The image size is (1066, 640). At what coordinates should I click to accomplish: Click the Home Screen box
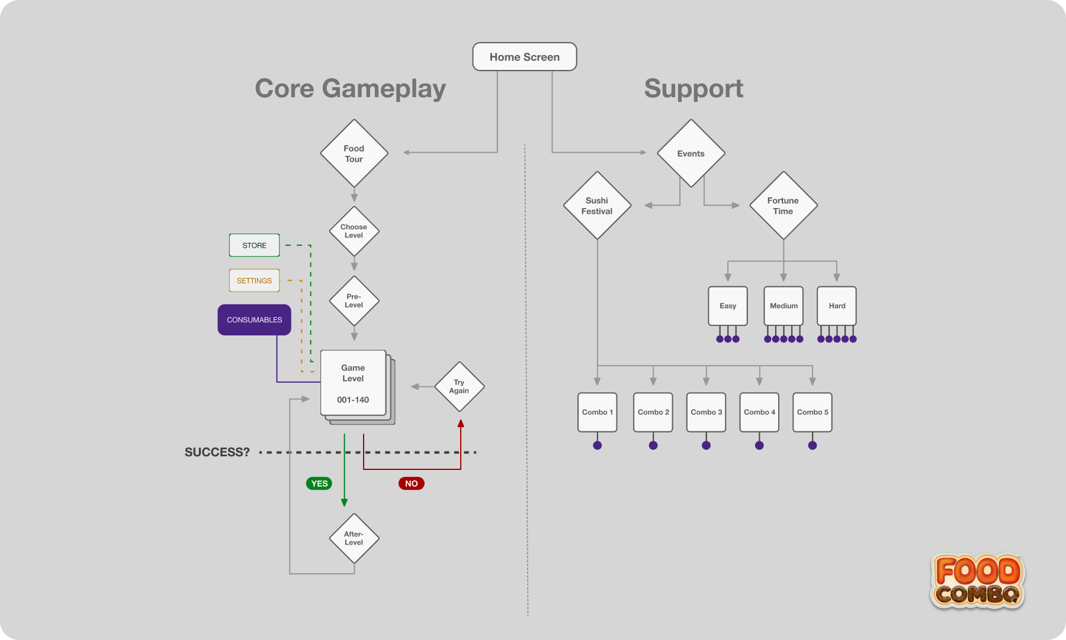coord(524,57)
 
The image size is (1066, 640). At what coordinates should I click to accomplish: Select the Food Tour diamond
coord(354,153)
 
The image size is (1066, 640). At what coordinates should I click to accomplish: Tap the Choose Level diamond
coord(354,231)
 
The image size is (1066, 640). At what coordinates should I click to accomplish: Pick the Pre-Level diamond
coord(354,301)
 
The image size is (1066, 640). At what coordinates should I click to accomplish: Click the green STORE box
coord(254,245)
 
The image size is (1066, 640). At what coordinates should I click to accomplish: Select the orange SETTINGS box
coord(254,281)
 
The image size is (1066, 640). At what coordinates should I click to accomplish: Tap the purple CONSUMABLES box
coord(254,320)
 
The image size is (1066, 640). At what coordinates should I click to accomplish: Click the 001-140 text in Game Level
coord(353,400)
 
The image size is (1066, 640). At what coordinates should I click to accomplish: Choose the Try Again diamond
coord(459,387)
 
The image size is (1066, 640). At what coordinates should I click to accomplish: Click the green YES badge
coord(319,484)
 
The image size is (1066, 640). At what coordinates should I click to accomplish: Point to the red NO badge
coord(411,484)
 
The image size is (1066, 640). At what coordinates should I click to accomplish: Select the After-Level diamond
coord(354,538)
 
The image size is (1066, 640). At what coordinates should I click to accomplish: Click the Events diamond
coord(691,153)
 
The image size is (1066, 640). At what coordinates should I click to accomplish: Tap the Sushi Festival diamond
coord(597,206)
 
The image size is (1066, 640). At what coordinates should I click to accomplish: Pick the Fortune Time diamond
coord(783,206)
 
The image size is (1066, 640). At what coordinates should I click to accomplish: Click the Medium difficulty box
coord(784,306)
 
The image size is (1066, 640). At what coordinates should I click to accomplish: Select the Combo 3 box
coord(706,412)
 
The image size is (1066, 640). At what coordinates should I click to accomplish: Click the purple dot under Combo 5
coord(813,446)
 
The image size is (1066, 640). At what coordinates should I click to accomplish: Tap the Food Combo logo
coord(978,581)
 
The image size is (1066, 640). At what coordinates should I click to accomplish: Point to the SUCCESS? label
coord(217,452)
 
